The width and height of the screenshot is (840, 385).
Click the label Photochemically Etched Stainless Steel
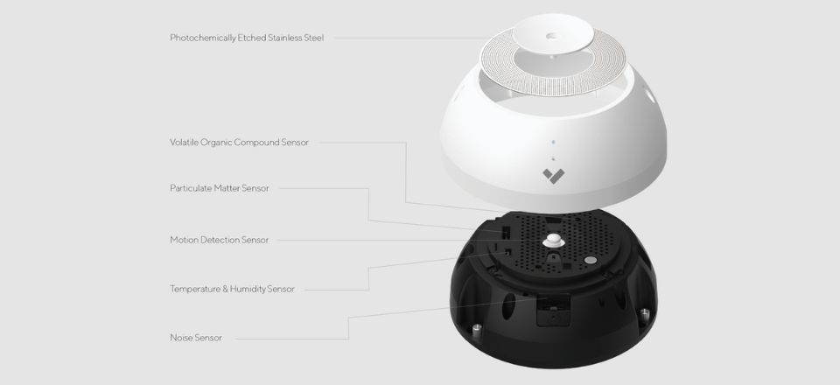click(x=247, y=38)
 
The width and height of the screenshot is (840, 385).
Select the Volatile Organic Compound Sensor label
click(x=239, y=143)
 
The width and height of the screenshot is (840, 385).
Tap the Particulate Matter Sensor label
click(x=219, y=188)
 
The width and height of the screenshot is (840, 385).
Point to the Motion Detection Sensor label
click(x=219, y=240)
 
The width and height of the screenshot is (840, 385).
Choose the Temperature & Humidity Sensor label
click(x=232, y=289)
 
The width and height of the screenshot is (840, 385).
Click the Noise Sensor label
click(x=195, y=338)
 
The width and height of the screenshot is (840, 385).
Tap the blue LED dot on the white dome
click(x=553, y=143)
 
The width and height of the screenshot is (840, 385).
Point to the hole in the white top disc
click(x=553, y=37)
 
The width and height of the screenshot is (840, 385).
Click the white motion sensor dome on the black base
click(x=553, y=241)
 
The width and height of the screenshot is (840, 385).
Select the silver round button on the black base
click(x=591, y=260)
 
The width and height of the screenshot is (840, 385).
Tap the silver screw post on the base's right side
click(x=645, y=316)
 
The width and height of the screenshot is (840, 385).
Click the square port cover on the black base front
click(x=553, y=309)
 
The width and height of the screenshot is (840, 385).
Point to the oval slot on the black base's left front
click(x=507, y=305)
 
